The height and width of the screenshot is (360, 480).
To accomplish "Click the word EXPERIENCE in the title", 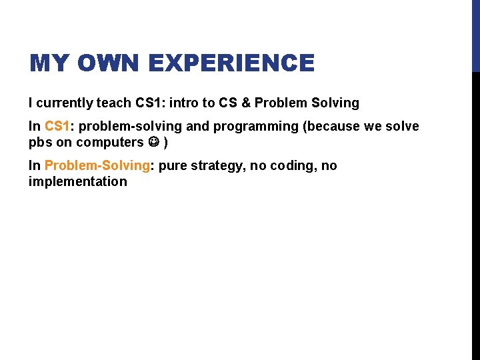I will tap(231, 63).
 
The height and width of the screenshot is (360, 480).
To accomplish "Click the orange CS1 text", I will tap(57, 126).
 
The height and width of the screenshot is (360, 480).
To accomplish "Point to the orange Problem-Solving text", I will tap(97, 165).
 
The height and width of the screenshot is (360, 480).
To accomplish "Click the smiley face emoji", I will tap(153, 142).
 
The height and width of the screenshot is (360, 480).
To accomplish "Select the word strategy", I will tap(218, 165).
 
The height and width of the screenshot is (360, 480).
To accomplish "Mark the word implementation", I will tap(77, 181).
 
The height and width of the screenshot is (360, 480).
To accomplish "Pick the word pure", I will tap(174, 165).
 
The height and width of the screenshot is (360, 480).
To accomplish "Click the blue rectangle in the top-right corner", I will tap(475, 35).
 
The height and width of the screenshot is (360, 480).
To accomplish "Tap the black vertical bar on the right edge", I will tap(475, 213).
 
